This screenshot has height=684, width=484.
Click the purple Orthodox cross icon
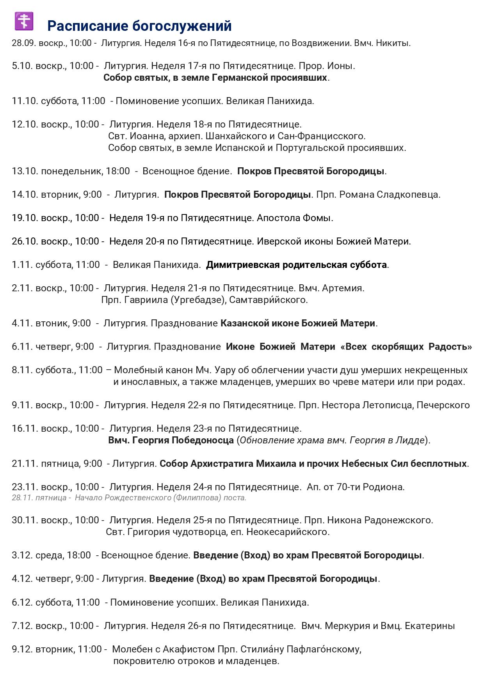coord(24,21)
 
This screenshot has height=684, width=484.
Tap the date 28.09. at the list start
coord(23,43)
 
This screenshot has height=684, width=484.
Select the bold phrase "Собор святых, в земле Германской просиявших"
coord(215,78)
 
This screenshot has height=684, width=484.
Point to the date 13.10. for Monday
coord(25,171)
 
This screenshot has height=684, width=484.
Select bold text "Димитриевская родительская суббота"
coord(296,265)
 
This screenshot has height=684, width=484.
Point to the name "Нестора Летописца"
coord(368,405)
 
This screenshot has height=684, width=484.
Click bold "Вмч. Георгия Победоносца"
coord(171,440)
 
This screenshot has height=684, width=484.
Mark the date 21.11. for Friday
coord(25,464)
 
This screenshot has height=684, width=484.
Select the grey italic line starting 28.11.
coord(129,498)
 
